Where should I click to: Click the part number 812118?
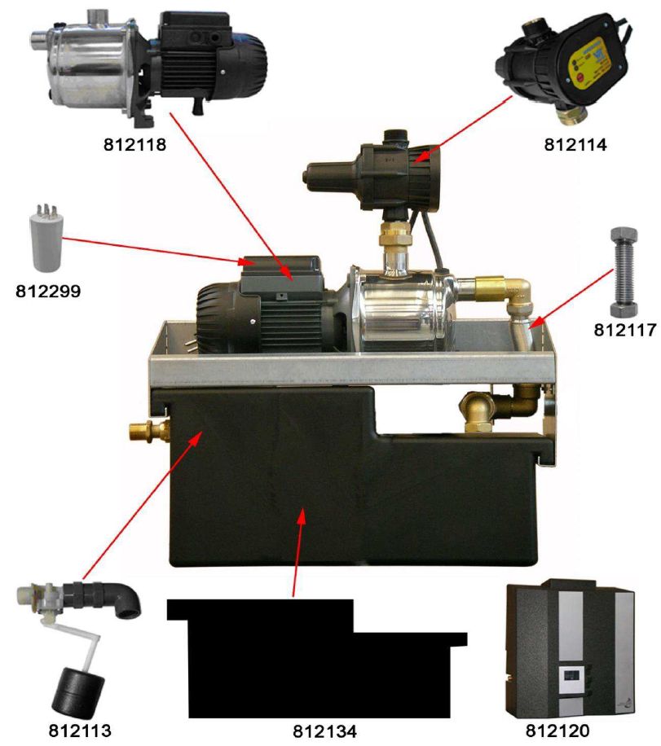click(x=134, y=144)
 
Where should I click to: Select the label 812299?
click(x=48, y=292)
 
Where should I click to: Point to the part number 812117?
click(x=625, y=330)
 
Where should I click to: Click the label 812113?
click(x=80, y=730)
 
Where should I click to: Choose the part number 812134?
click(x=324, y=731)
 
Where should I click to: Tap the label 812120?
click(x=557, y=730)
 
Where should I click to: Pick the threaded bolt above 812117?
click(x=624, y=272)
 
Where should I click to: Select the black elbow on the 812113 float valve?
click(x=125, y=599)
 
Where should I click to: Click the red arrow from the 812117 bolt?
click(x=571, y=299)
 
